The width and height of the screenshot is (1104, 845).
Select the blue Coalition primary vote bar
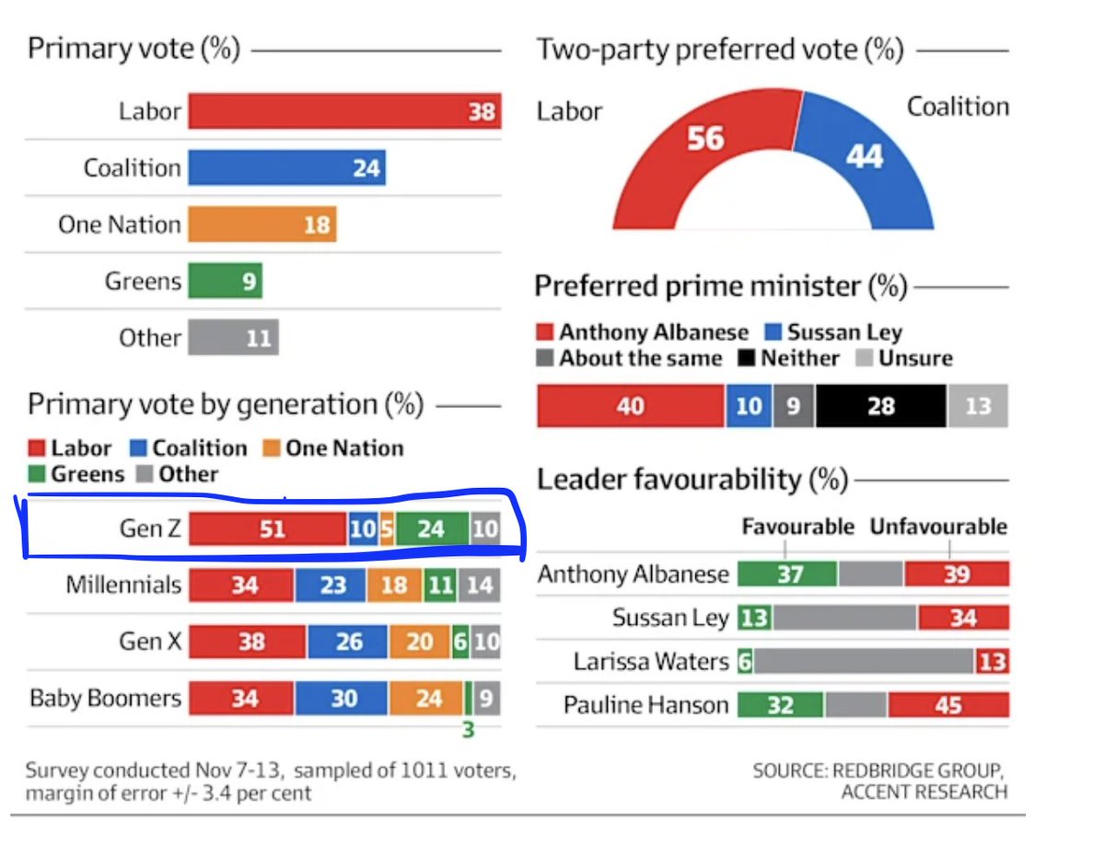286,168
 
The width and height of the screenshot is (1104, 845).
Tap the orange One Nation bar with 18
262,225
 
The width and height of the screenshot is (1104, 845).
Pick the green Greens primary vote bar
225,281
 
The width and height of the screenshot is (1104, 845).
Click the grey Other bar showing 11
233,338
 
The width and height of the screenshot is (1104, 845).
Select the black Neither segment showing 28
880,405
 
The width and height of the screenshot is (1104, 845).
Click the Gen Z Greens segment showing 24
431,529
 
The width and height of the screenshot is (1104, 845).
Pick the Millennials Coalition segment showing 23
331,585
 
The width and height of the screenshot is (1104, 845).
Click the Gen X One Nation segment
419,642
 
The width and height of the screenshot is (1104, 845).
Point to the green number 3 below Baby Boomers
468,732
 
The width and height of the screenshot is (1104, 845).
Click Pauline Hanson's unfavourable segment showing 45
948,706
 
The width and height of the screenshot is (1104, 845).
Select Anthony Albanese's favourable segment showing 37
788,574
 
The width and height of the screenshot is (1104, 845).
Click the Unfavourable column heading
938,527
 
